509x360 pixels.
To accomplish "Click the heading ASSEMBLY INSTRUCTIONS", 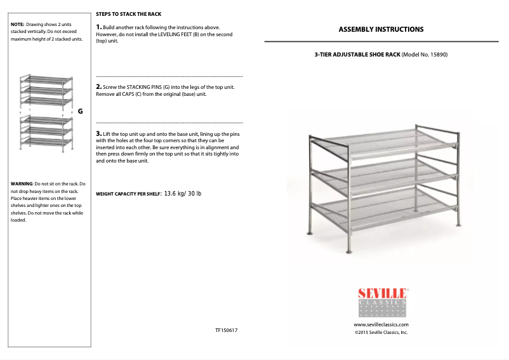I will [381, 29].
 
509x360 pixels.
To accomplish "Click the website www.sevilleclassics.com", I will [381, 324].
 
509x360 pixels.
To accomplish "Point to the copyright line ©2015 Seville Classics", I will [381, 332].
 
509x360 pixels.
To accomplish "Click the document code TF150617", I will [227, 331].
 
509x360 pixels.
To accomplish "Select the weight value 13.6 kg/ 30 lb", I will [183, 193].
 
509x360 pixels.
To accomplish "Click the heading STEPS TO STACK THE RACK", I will [128, 13].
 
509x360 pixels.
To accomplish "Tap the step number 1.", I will [98, 27].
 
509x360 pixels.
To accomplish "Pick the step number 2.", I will [98, 86].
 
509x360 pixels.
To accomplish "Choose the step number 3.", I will [98, 133].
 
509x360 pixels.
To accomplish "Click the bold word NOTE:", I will [18, 24].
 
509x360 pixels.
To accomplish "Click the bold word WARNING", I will [22, 183].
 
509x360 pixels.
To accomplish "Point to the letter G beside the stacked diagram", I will [80, 111].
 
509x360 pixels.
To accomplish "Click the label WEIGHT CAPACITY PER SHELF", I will [128, 194].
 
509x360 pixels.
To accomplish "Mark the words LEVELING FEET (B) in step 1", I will [183, 34].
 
